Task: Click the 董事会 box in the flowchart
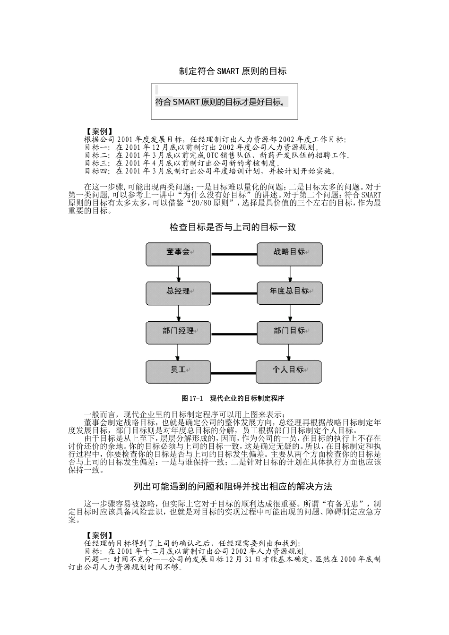(x=178, y=254)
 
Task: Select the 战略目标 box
(x=290, y=254)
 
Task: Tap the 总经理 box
(x=178, y=293)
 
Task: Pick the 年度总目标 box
(x=290, y=293)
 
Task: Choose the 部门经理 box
(x=178, y=332)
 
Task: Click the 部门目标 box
(x=290, y=332)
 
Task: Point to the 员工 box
(x=178, y=371)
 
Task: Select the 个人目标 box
(x=289, y=371)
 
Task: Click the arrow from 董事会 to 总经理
(x=178, y=274)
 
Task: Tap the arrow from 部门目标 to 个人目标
(x=289, y=352)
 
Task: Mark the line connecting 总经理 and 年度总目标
(x=233, y=293)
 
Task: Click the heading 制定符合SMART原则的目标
(x=233, y=71)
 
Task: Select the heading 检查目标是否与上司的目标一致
(x=233, y=227)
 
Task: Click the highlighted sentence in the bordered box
(x=222, y=102)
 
